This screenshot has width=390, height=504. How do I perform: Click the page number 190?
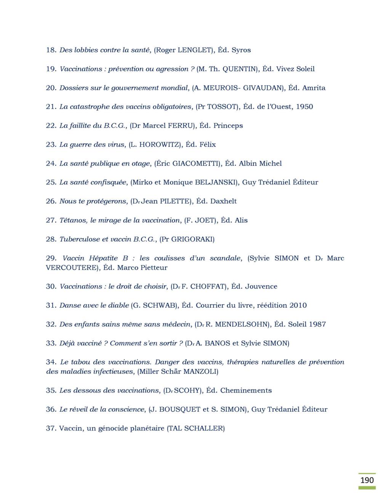tap(367, 480)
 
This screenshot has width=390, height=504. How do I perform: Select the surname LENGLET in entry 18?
tap(194, 50)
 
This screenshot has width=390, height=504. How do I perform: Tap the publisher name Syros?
tap(241, 50)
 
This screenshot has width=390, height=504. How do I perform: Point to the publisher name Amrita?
tap(314, 88)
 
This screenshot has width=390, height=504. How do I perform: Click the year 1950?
tap(304, 107)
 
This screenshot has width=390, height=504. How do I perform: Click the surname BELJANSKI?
tap(216, 183)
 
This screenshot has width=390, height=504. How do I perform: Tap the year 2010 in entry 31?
tap(298, 305)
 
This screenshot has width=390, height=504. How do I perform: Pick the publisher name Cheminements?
tap(246, 391)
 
